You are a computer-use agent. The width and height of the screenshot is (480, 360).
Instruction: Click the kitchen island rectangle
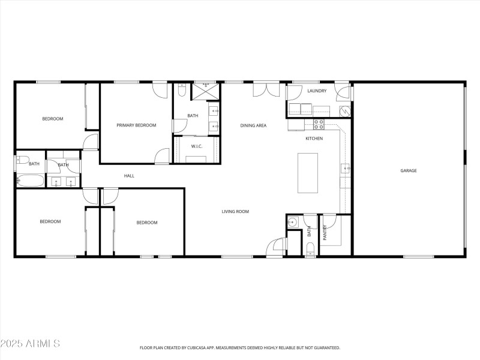coord(308,173)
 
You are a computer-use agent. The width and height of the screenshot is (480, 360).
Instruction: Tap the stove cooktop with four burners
coord(319,125)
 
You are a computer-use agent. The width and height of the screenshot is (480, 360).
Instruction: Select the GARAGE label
coord(409,170)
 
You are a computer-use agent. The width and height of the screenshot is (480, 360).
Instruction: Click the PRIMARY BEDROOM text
coord(136,125)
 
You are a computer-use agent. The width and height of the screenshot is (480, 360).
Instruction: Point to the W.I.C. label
coord(196,146)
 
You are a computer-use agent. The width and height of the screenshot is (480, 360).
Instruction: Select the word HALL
coord(129,176)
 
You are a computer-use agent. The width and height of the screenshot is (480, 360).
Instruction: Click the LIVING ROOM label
coord(235,211)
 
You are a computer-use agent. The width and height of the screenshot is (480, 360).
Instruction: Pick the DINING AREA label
coord(253,125)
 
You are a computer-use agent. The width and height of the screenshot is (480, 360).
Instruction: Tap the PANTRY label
coord(326,232)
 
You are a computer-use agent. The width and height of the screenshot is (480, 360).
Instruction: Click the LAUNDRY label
coord(316,91)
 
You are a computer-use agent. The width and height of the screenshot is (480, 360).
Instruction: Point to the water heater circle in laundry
coord(345,111)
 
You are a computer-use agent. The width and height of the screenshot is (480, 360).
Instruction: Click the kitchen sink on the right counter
coord(346,169)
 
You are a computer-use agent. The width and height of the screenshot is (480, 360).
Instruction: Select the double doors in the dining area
coord(266,89)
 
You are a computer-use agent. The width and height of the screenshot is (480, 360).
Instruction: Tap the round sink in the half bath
coord(293,223)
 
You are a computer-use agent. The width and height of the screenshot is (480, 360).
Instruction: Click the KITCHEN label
coord(314,139)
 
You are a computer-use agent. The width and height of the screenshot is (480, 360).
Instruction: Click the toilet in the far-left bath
coord(20,160)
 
